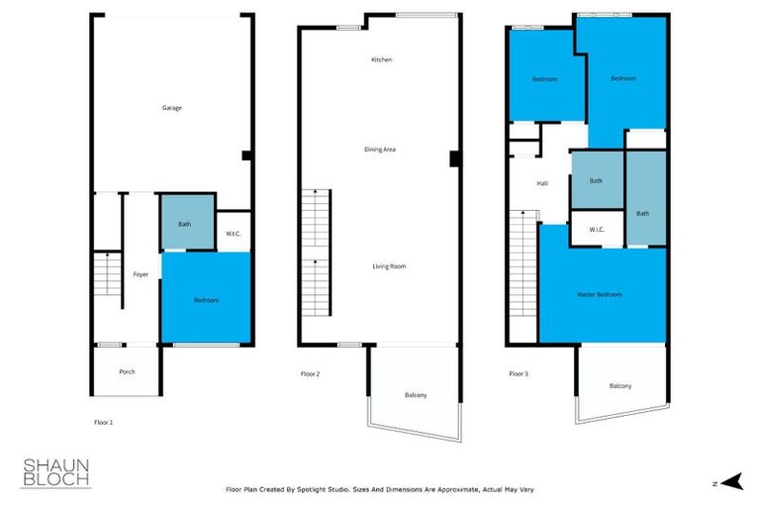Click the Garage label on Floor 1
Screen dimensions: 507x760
(172, 108)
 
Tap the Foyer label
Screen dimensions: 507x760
(141, 274)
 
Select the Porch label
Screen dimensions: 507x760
(127, 372)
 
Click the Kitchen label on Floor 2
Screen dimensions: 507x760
(382, 59)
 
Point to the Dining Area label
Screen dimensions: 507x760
(380, 150)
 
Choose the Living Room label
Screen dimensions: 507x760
(389, 266)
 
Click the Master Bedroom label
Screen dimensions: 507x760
(600, 294)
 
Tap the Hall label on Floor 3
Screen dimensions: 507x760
(542, 183)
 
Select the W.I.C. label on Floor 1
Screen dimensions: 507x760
(234, 234)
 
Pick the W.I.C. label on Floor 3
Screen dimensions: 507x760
(597, 230)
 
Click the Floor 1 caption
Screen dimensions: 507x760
(103, 423)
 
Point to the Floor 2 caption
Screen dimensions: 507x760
(311, 374)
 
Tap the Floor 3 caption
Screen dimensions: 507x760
(519, 374)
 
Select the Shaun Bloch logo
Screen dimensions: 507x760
(56, 472)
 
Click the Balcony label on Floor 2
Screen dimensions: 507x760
(416, 396)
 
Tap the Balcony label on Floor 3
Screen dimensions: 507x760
(620, 386)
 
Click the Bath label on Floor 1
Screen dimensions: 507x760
(185, 224)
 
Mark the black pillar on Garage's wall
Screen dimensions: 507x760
(246, 154)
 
